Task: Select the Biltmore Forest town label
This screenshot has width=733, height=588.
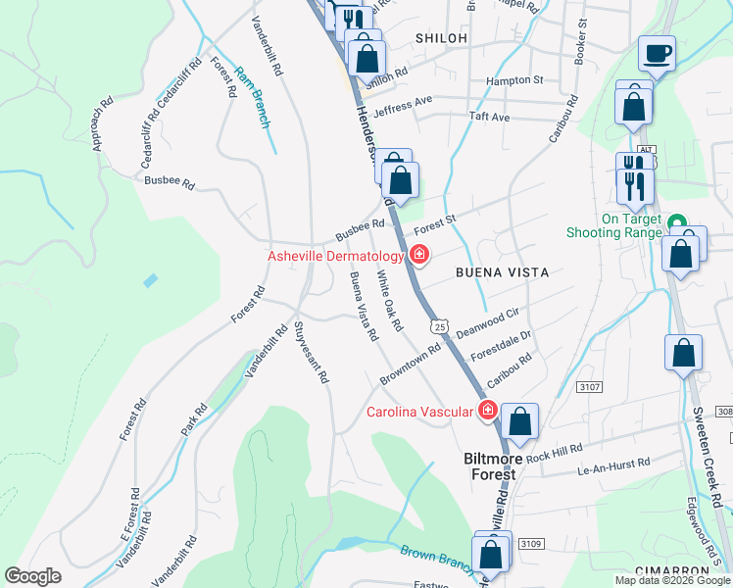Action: [489, 465]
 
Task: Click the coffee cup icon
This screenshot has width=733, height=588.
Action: [657, 53]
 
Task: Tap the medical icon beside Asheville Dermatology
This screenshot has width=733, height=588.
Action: [418, 256]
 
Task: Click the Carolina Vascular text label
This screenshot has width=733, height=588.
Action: [420, 412]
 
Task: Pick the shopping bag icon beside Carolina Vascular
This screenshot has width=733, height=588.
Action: [521, 422]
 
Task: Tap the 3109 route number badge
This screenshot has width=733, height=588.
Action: [529, 543]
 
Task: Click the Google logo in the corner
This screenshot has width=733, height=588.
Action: [33, 576]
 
